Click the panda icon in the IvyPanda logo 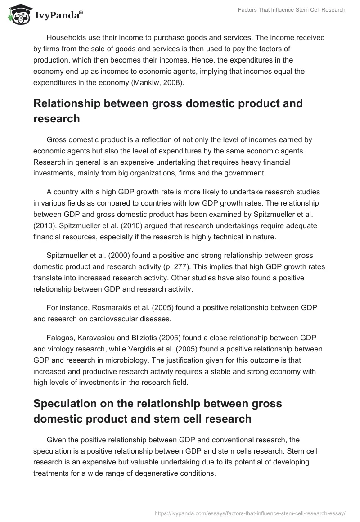pyautogui.click(x=18, y=15)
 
